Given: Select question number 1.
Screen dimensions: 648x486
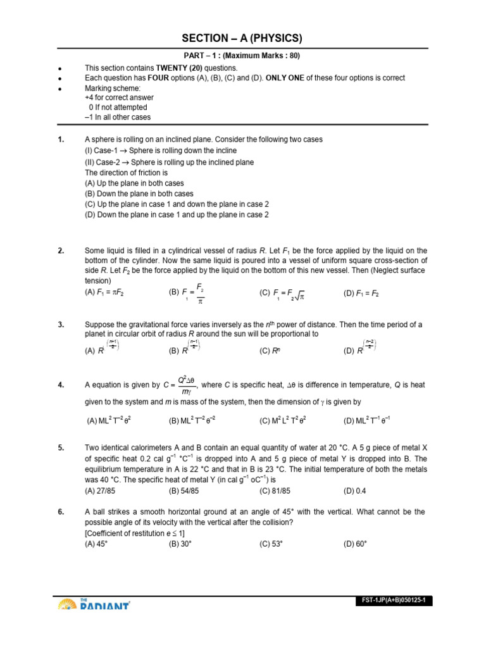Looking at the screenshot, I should [61, 139].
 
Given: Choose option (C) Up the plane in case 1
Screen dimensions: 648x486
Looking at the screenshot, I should [177, 204].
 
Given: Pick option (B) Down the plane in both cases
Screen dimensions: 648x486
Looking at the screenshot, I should [139, 194].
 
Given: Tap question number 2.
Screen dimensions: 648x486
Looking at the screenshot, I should [61, 251].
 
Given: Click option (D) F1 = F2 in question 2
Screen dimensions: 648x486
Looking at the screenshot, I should [361, 294].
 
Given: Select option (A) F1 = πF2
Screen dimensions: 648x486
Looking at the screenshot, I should [108, 294].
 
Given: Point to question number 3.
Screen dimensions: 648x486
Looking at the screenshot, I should [61, 325].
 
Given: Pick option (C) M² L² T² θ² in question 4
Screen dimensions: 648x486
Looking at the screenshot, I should [283, 420].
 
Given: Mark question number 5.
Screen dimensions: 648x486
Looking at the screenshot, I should [61, 448].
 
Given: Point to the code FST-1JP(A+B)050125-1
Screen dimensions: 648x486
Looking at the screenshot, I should [393, 601].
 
